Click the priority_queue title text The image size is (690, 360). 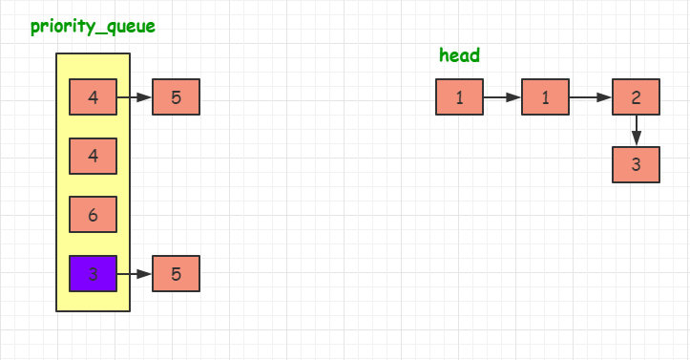[x=93, y=26]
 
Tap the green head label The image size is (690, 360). [x=459, y=55]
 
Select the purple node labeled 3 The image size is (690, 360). [x=93, y=274]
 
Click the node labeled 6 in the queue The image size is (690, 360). [x=93, y=215]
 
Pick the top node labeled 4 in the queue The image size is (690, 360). [x=93, y=96]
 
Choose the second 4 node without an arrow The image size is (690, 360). [x=93, y=156]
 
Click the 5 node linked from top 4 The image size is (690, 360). [x=176, y=96]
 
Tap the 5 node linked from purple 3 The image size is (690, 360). [x=176, y=274]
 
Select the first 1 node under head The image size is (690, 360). [x=459, y=96]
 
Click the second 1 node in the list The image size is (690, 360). [x=545, y=96]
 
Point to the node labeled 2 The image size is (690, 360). [x=636, y=96]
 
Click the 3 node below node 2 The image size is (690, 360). [x=636, y=164]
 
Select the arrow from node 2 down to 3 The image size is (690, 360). [x=636, y=131]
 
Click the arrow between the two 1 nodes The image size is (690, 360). [x=502, y=96]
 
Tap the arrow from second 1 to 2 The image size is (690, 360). [x=590, y=96]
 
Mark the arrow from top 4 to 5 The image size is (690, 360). [x=134, y=96]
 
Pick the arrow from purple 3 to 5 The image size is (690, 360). [x=134, y=274]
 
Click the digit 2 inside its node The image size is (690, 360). [x=636, y=97]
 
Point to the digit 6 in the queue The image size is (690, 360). [x=93, y=216]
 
